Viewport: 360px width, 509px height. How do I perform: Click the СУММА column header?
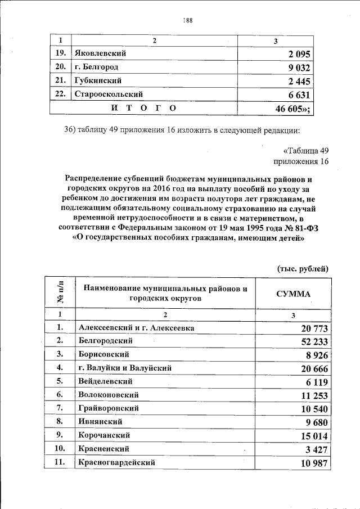[292, 294]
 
